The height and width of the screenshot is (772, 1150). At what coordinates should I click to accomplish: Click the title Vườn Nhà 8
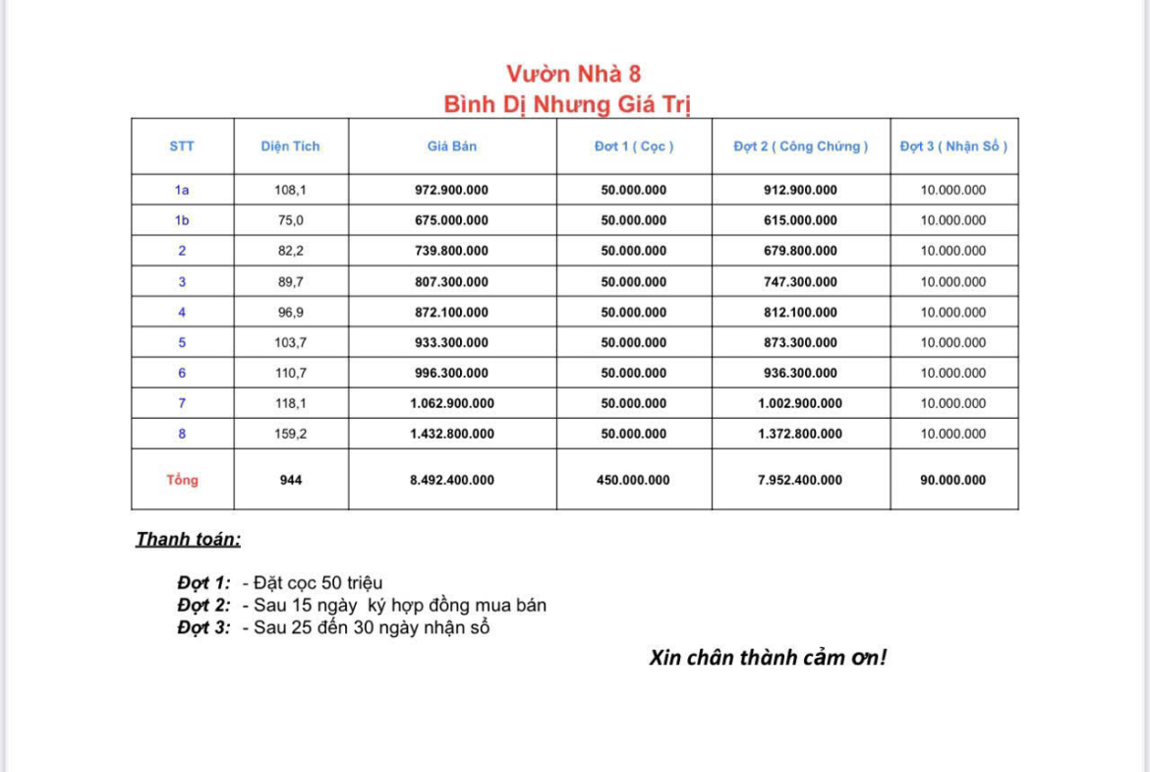click(x=574, y=74)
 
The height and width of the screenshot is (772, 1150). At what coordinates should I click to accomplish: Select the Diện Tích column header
click(x=290, y=147)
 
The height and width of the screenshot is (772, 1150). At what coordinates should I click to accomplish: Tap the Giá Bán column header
click(x=452, y=147)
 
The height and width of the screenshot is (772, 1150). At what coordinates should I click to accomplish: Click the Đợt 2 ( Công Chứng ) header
click(x=800, y=147)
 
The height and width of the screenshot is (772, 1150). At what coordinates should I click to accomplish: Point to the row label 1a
click(x=182, y=190)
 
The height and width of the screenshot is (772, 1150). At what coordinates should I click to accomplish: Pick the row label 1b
click(x=182, y=220)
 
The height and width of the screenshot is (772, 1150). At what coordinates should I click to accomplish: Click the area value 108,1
click(x=290, y=190)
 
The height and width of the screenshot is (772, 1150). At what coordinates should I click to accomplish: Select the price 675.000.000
click(x=452, y=220)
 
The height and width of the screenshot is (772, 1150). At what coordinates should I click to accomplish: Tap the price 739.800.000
click(x=452, y=251)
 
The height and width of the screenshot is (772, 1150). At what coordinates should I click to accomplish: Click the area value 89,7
click(x=290, y=282)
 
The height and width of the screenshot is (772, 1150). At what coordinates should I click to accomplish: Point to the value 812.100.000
click(x=800, y=313)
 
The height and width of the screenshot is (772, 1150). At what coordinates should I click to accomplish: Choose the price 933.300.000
click(x=452, y=343)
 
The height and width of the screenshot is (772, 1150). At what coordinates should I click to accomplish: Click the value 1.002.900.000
click(x=800, y=403)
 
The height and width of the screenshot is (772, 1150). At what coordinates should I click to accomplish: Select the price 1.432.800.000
click(x=452, y=434)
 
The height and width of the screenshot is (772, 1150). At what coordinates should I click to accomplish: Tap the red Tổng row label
click(x=182, y=480)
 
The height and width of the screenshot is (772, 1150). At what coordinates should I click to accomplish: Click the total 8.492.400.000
click(x=452, y=480)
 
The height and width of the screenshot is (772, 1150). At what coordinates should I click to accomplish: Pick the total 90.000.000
click(x=953, y=480)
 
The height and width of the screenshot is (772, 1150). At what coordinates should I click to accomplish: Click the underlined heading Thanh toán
click(x=188, y=540)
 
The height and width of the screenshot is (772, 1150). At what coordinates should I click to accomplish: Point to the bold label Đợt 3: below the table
click(x=203, y=627)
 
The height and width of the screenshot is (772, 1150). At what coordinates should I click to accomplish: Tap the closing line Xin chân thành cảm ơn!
click(x=768, y=658)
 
